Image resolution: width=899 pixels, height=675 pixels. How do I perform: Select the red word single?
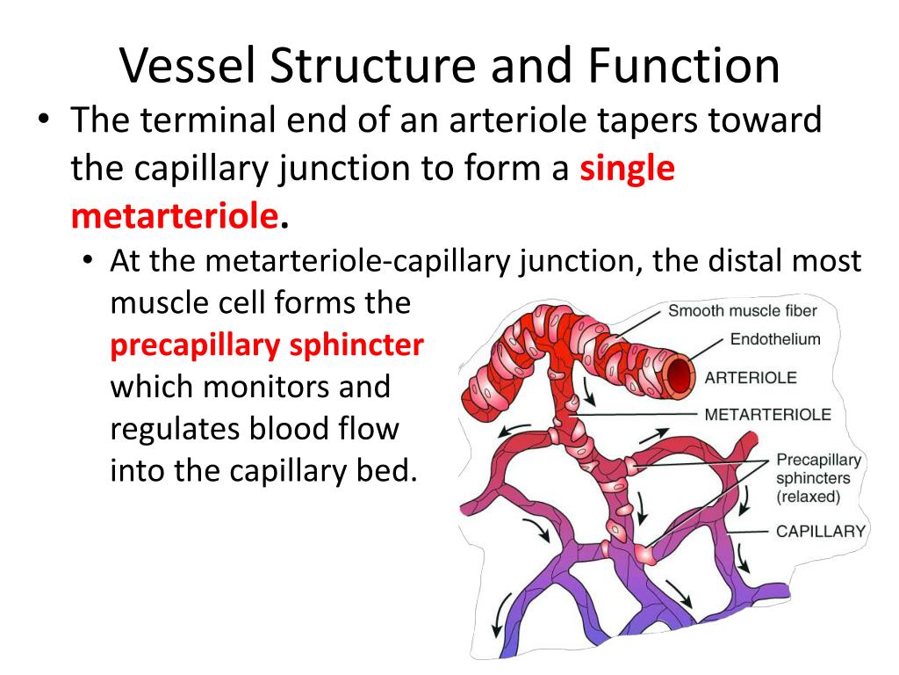[x=627, y=167]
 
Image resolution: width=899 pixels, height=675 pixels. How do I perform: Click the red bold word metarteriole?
[x=175, y=214]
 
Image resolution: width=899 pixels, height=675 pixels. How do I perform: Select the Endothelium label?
[x=775, y=339]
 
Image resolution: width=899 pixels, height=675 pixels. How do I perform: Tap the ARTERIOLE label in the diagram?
[x=751, y=378]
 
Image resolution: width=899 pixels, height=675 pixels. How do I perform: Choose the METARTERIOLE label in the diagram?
[x=767, y=414]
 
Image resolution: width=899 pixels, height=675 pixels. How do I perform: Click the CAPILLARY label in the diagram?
[x=821, y=531]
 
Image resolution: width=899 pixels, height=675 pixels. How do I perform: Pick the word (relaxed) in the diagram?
[x=808, y=497]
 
